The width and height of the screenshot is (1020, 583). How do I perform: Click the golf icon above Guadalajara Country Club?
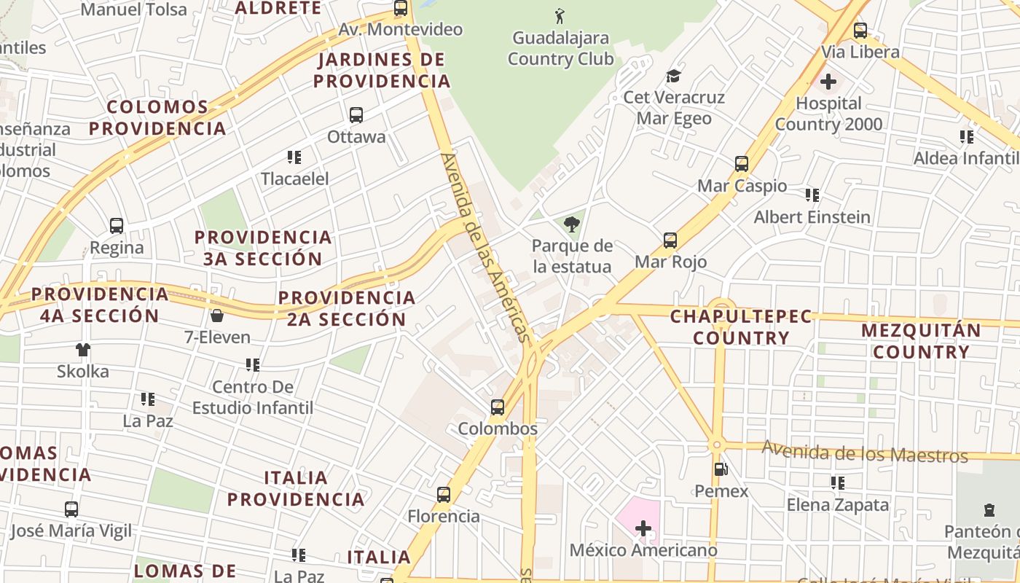coord(560,15)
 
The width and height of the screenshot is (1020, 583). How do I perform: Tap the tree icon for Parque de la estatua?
coord(572,224)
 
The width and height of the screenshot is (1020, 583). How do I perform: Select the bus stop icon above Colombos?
coord(498,407)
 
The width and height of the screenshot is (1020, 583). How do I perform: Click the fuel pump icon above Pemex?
coord(721,470)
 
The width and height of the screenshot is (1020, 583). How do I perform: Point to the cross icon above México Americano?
coord(643,528)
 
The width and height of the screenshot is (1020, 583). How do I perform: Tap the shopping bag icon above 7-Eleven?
coord(216,316)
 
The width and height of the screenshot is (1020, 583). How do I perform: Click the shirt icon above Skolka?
coord(83,350)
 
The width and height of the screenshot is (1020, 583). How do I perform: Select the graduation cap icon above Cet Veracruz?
coord(673,76)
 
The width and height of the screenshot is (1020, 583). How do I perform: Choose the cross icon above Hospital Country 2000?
coord(828,82)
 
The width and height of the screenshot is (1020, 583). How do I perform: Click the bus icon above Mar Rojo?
coord(670,240)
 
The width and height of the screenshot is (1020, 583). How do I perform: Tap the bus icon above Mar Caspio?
coord(742,164)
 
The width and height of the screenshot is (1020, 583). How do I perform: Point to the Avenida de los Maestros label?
coord(865,452)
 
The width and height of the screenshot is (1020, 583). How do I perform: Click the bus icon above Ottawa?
coord(356,115)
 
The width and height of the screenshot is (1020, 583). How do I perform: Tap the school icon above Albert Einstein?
coord(812,195)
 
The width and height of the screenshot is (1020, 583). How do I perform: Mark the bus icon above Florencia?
coord(444,495)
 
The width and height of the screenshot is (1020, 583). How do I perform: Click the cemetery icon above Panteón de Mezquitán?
coord(989,510)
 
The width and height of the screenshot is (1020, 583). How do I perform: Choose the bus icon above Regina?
coord(117,226)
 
